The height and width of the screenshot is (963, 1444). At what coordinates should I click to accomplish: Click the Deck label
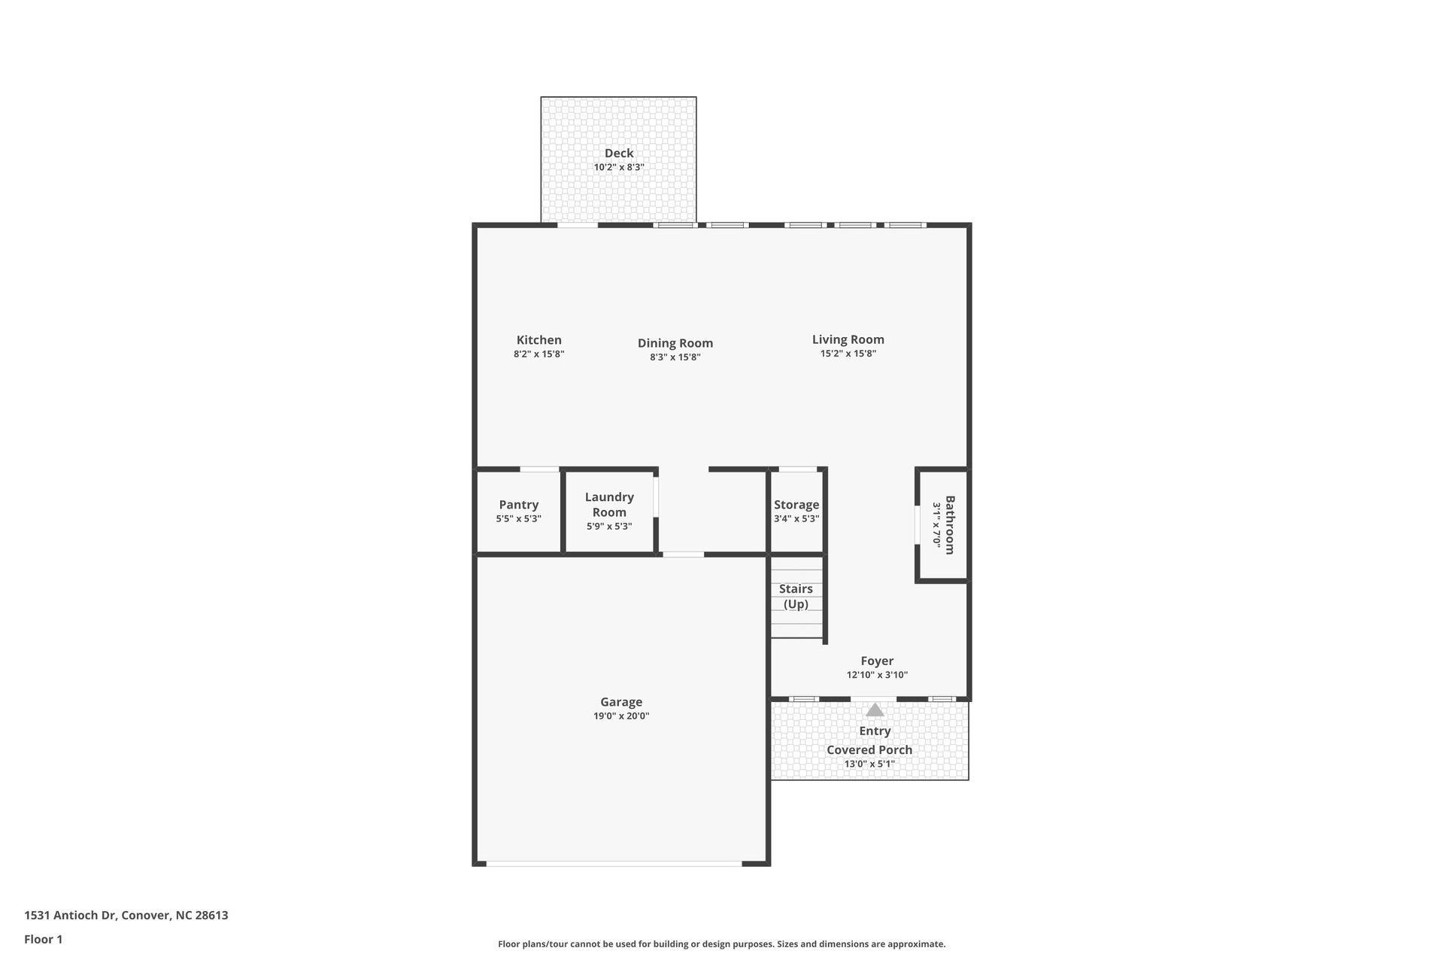tap(618, 153)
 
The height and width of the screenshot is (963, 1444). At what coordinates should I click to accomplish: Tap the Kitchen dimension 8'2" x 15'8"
tap(538, 354)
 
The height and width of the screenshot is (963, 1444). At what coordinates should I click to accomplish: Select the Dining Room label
tap(675, 343)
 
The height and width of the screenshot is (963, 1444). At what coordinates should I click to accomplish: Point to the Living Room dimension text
tap(848, 354)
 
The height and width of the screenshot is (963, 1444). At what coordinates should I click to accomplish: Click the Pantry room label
tap(518, 505)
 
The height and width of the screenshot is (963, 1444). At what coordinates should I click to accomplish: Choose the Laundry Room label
tap(609, 504)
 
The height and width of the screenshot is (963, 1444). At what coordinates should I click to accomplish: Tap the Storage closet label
tap(796, 505)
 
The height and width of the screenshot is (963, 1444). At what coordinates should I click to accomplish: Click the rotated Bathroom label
tap(950, 524)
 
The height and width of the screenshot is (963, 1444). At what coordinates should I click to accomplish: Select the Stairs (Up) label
tap(796, 596)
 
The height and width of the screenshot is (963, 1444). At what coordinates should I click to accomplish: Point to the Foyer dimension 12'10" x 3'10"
tap(877, 675)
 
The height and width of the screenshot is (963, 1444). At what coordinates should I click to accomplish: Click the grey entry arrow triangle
tap(875, 709)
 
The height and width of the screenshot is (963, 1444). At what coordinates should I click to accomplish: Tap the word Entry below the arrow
tap(875, 731)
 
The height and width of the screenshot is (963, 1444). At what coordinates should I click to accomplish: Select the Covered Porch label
tap(869, 749)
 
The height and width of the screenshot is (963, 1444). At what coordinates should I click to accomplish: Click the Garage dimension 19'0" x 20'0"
tap(620, 715)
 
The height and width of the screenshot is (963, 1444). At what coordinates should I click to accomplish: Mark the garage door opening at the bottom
tap(614, 864)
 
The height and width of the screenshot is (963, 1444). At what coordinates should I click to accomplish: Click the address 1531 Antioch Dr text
tap(126, 915)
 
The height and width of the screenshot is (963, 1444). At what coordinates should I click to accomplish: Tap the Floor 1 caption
tap(43, 939)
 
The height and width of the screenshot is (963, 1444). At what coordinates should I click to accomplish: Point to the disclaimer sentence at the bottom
tap(721, 943)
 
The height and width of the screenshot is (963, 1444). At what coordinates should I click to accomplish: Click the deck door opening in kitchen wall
tap(578, 225)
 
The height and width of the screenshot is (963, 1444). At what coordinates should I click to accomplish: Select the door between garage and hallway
tap(683, 555)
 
